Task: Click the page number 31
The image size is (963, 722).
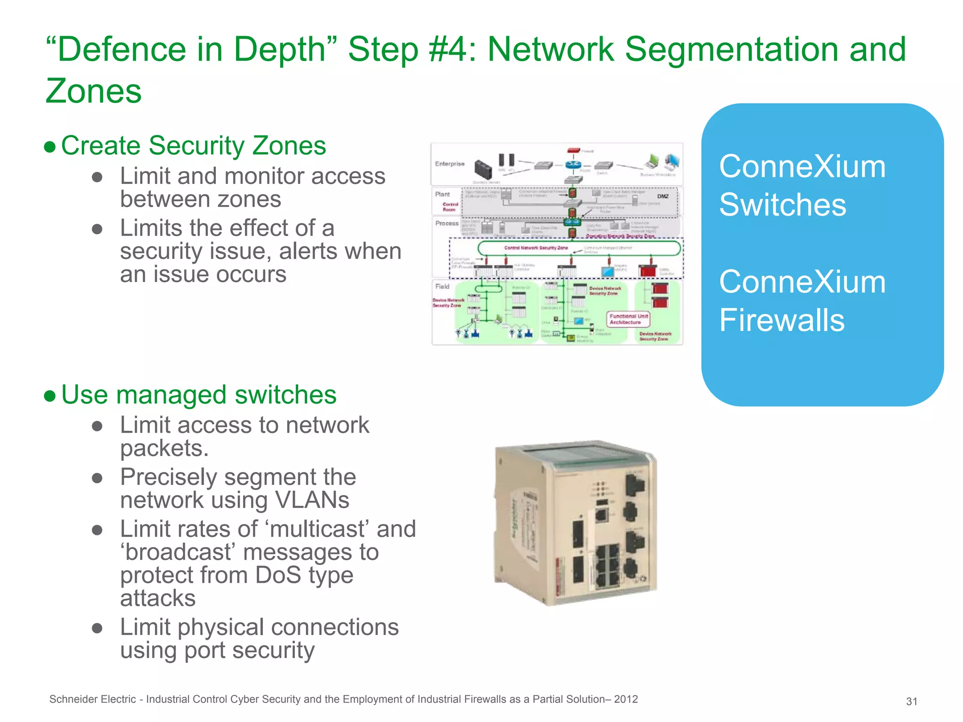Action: pos(911,701)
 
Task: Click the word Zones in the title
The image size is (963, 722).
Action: pos(94,91)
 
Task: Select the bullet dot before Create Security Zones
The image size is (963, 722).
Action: pos(50,147)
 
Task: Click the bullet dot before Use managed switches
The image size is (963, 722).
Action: pos(50,396)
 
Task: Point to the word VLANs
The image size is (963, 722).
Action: pos(312,500)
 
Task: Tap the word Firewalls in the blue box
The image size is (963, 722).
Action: pos(781,320)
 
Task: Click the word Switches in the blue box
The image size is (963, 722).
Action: pos(782,205)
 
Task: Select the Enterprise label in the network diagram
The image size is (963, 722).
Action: pos(450,164)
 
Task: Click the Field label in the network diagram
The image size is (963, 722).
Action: pos(442,286)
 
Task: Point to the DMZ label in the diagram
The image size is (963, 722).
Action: pos(663,196)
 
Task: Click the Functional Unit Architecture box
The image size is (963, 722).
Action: pos(629,319)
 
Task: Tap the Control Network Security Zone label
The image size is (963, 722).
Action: pos(536,248)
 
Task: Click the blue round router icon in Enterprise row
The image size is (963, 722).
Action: pos(573,165)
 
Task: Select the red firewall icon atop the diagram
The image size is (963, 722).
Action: pos(574,150)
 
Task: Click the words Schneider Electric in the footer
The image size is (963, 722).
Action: pos(93,699)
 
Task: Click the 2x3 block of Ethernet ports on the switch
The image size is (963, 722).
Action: pos(607,566)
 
